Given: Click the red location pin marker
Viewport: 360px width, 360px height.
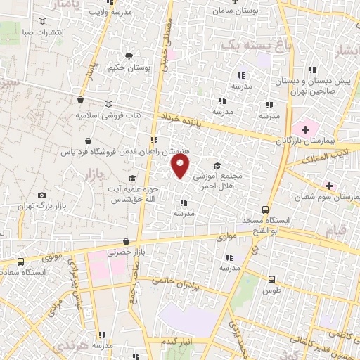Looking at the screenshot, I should coord(181,166).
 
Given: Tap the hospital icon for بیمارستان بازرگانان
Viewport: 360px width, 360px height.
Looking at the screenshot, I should coord(304,129).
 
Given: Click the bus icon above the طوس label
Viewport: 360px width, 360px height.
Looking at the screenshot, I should coord(272,278).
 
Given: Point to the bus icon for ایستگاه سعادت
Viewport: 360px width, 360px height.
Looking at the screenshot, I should coord(20,260).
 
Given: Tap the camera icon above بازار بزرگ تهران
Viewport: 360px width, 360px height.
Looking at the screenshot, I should coord(42,195).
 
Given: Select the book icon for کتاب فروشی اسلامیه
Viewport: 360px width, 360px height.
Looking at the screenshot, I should coord(108,104).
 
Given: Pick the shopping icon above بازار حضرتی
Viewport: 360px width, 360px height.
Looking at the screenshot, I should coord(126,240).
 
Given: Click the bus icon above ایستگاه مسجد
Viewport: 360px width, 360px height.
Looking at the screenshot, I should coord(265,210).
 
